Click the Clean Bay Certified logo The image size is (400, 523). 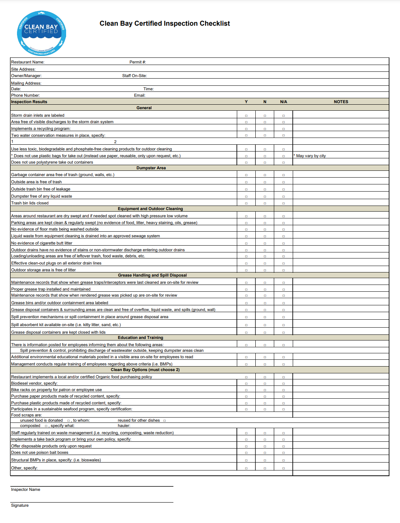[42, 33]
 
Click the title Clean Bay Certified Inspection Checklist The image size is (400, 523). [165, 23]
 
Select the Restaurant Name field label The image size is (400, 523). [28, 62]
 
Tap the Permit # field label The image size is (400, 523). [137, 62]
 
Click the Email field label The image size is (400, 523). [139, 95]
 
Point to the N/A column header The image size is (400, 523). [284, 102]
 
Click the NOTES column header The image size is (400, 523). [341, 102]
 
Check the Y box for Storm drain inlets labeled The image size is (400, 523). [246, 116]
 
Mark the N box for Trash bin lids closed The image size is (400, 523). [265, 203]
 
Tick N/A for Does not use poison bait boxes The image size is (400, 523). [284, 453]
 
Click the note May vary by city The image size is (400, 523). [310, 156]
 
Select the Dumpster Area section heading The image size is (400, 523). [151, 168]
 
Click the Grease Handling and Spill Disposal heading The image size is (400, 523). [152, 275]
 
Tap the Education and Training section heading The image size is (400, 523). [141, 337]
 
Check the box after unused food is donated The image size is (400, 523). [68, 421]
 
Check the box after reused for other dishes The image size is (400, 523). [165, 421]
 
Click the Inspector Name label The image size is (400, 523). [25, 489]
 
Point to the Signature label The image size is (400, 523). [20, 505]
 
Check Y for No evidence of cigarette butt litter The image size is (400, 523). [246, 243]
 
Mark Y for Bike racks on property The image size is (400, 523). [246, 390]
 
